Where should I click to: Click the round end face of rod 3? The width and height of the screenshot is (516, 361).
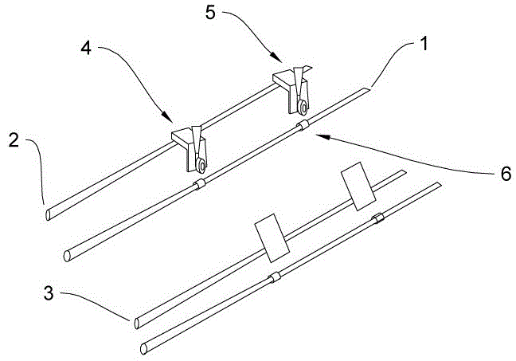135,322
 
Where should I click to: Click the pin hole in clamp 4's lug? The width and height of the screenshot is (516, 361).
200,166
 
